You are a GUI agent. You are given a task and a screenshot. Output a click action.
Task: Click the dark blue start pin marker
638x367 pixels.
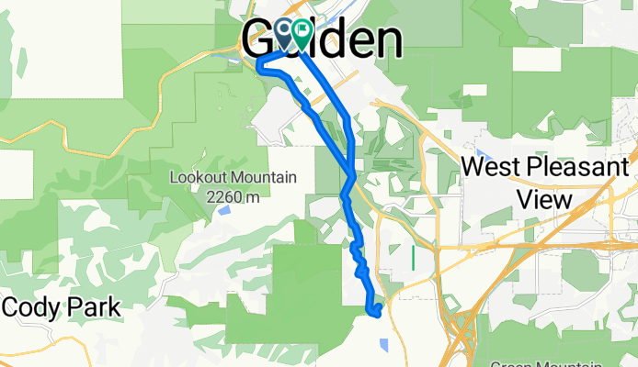(x=283, y=33)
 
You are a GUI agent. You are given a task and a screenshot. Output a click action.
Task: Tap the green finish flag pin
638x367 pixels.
(x=300, y=33)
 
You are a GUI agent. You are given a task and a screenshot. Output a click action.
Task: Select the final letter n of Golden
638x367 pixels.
(x=386, y=41)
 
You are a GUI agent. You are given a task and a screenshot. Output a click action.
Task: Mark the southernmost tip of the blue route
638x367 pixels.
(x=375, y=315)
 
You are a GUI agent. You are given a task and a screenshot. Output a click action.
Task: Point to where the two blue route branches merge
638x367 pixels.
(x=351, y=174)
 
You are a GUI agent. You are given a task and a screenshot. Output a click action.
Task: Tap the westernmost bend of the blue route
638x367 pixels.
(x=257, y=62)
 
